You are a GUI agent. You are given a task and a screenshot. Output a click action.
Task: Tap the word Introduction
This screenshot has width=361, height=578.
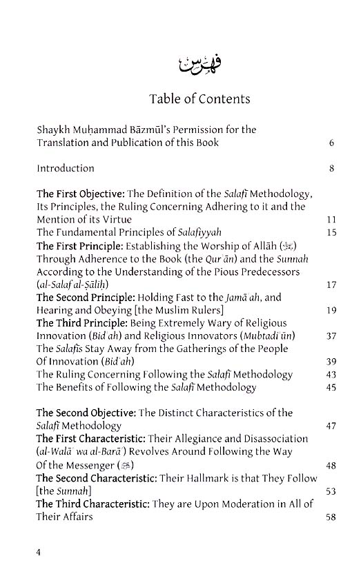[x=66, y=168]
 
